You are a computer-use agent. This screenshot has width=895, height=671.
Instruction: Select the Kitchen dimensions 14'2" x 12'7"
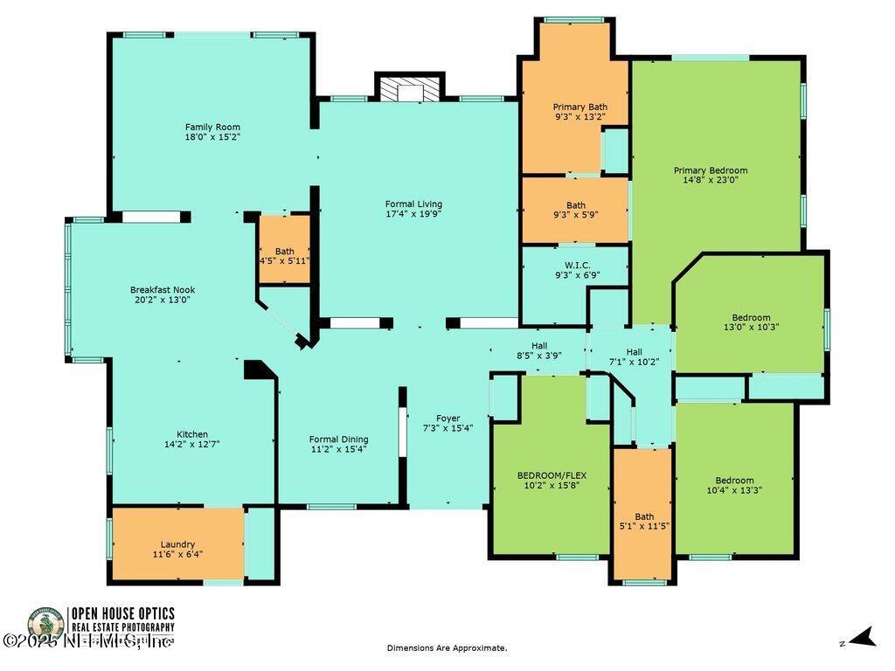point(192,444)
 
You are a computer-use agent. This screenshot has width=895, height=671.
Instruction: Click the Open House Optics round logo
point(45,626)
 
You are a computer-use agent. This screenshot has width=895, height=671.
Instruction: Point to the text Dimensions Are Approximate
point(447,647)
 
